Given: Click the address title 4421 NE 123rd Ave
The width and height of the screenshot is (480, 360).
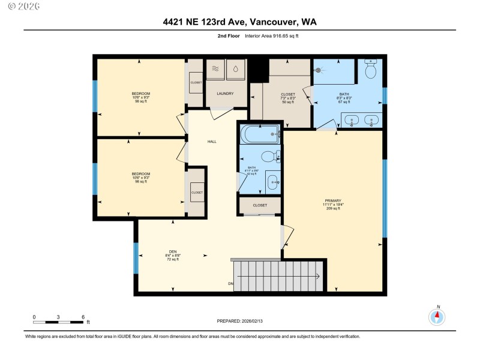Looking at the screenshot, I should tap(239, 22).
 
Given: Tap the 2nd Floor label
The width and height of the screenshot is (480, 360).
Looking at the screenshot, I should tap(228, 37).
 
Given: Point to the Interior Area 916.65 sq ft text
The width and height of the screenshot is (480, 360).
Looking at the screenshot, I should tap(271, 37).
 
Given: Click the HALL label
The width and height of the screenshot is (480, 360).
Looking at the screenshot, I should tap(212, 142).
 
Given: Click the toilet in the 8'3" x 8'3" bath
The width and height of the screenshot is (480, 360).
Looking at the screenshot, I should tap(370, 71).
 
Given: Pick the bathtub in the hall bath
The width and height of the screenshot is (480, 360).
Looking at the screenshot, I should tap(260, 134).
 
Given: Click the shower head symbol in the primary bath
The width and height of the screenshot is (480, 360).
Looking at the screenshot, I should tap(318, 70).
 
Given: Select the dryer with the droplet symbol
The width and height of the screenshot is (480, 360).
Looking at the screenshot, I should tap(236, 68).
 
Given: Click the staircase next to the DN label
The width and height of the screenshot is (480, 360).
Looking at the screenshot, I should tap(278, 275).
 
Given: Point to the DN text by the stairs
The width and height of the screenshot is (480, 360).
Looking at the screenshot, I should tap(230, 283).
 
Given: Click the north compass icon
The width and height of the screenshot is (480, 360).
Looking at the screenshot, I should tap(437, 316).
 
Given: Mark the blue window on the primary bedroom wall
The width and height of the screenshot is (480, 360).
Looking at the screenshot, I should tap(384, 199).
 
